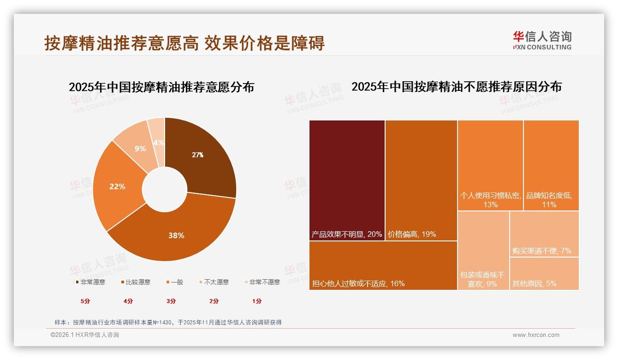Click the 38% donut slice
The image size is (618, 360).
coord(176,235)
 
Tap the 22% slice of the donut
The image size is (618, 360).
coord(117,186)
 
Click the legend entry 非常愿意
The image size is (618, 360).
coord(90,282)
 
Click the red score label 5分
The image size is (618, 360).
coord(85,301)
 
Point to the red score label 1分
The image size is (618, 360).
coord(257,301)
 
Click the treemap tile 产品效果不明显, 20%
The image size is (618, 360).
coord(347,180)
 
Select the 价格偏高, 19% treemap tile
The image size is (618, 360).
coord(421,180)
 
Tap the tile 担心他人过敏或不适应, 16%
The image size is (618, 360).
coord(383,265)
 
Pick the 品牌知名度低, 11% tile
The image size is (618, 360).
coord(551,165)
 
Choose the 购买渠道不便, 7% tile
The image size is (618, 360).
coord(544,234)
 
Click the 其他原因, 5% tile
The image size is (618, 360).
coord(544,273)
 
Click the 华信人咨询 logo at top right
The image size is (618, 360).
coord(542,40)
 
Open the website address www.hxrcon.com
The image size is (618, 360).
coord(536,335)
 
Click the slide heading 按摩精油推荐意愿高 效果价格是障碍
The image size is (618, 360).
coord(184,43)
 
